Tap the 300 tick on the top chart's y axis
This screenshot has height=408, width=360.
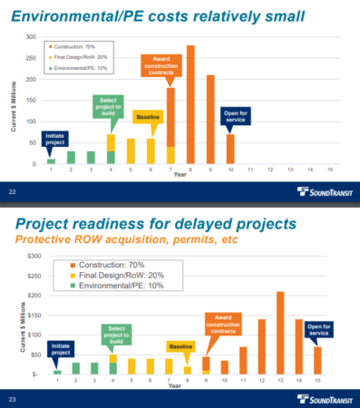tap(31, 37)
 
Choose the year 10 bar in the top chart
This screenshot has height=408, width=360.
tap(229, 150)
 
